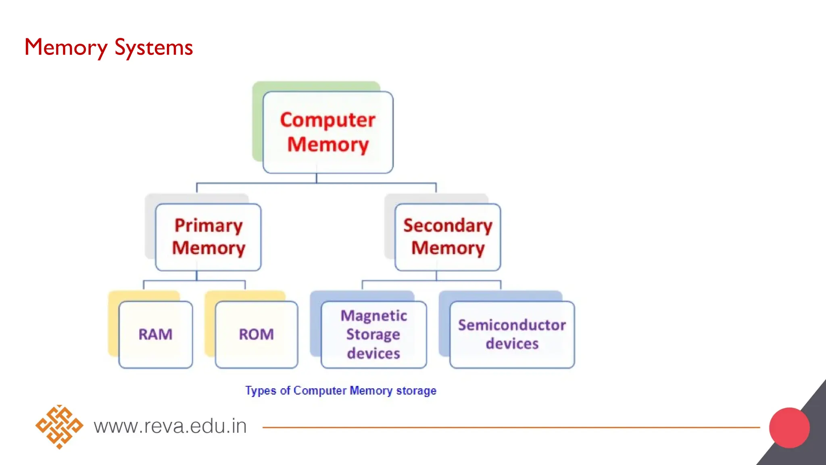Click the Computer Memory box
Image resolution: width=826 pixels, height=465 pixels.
click(327, 132)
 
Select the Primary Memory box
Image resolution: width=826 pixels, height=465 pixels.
click(208, 237)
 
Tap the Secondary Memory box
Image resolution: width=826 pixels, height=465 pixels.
click(448, 237)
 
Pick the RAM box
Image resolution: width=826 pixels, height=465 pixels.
click(156, 335)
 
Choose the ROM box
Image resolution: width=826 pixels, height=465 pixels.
click(257, 335)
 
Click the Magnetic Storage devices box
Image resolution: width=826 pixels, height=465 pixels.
click(373, 335)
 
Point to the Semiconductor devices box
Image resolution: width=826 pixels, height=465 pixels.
click(512, 335)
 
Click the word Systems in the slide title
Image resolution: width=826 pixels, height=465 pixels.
click(154, 48)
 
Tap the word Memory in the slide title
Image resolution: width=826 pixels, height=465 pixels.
click(66, 48)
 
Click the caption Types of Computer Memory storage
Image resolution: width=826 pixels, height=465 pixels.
click(341, 391)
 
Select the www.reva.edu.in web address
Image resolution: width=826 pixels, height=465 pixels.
click(170, 426)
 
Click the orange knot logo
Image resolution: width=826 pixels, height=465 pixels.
click(59, 427)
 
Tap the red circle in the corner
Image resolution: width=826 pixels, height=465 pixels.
click(789, 428)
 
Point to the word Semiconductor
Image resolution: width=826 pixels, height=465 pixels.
click(512, 325)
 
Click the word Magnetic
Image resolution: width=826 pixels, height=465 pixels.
click(373, 316)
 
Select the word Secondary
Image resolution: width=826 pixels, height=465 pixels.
click(448, 226)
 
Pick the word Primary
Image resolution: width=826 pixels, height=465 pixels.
click(208, 226)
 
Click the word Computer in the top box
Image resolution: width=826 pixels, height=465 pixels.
click(327, 120)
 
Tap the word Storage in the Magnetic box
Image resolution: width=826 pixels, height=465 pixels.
click(373, 335)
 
